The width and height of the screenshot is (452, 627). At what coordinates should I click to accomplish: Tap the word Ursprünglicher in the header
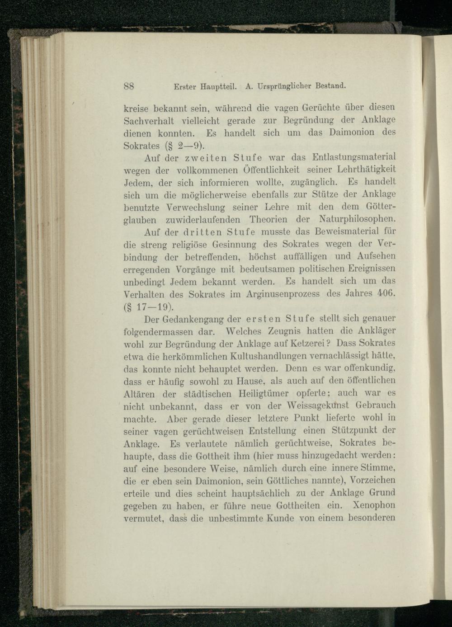tap(281, 85)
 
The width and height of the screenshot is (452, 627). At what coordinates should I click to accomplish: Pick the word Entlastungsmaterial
tap(354, 157)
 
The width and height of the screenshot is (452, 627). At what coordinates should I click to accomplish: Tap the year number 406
tap(387, 294)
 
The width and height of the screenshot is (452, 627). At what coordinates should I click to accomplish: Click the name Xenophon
tap(375, 505)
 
